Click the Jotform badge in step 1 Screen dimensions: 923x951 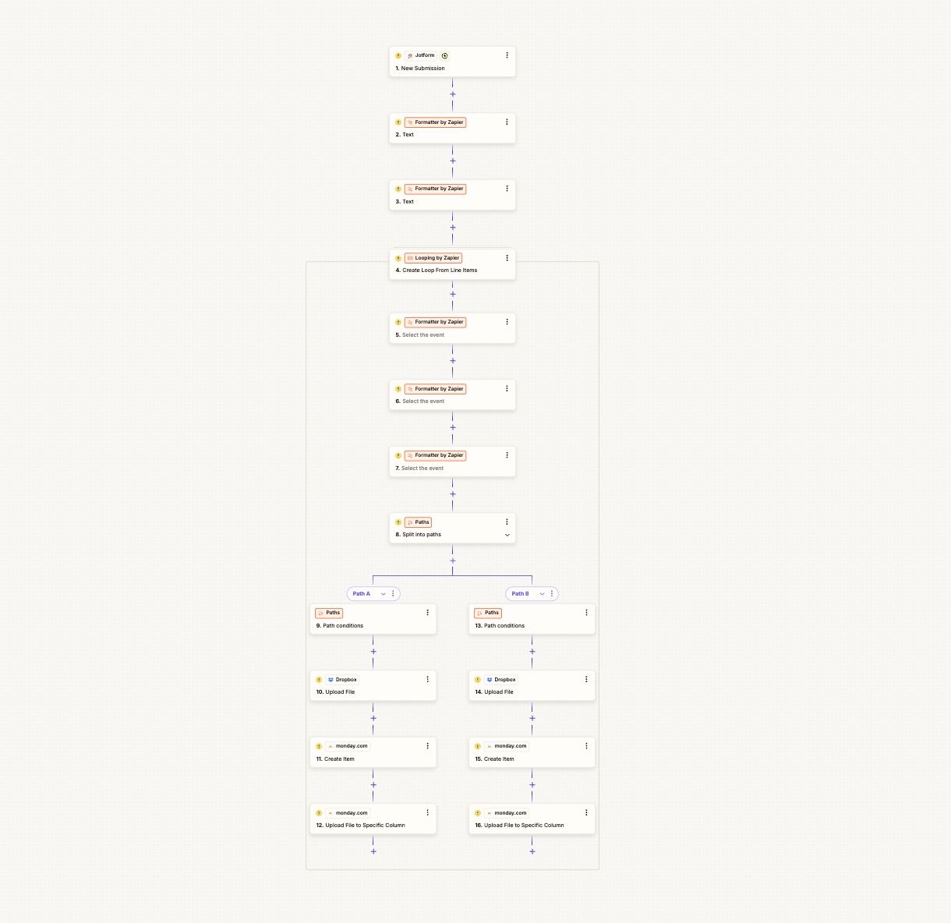click(421, 55)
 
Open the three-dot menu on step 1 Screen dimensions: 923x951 click(507, 55)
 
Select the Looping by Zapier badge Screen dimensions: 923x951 click(433, 258)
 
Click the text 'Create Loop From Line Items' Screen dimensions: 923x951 click(440, 271)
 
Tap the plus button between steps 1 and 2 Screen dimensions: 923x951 click(453, 94)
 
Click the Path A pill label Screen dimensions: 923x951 click(362, 594)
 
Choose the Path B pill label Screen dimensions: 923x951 click(520, 594)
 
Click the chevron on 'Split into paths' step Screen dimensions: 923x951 click(507, 535)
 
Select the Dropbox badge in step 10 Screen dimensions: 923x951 click(342, 680)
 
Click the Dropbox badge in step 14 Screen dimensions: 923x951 click(501, 680)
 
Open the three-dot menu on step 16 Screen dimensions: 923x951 click(587, 812)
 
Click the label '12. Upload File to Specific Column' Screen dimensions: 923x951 click(361, 825)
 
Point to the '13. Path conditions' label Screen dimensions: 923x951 click(500, 625)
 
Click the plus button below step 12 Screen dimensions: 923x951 click(373, 851)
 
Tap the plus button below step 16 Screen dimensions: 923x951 click(532, 851)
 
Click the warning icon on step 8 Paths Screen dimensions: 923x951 click(398, 522)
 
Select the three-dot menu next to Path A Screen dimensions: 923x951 click(394, 594)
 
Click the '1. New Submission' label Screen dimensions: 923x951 click(420, 69)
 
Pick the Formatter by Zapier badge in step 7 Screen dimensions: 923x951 click(435, 455)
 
